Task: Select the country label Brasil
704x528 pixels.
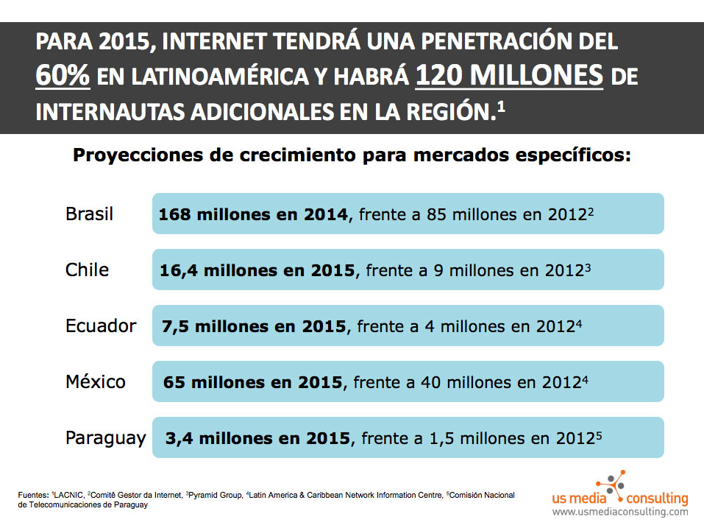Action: click(90, 214)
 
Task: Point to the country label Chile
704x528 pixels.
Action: click(87, 270)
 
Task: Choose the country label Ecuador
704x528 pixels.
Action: click(101, 325)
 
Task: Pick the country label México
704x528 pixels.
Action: click(96, 381)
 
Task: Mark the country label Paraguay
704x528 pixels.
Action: click(105, 438)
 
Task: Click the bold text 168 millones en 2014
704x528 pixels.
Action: click(253, 215)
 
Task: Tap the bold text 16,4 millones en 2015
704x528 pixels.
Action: click(257, 270)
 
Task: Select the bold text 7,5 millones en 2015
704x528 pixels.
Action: click(252, 326)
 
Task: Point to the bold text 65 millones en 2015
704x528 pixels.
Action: click(252, 382)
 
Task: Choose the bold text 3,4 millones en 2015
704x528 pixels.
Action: click(257, 439)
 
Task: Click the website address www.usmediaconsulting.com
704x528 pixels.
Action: click(620, 511)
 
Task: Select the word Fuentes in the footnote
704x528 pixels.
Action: click(33, 496)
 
